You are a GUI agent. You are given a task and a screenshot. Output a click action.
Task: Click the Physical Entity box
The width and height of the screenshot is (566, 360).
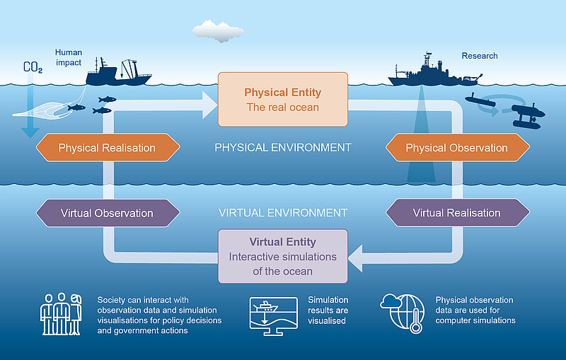point(283,100)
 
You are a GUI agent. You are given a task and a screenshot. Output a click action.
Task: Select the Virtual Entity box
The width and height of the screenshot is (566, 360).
point(283,256)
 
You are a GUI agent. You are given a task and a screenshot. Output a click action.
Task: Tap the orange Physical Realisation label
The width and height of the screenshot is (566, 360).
point(108,148)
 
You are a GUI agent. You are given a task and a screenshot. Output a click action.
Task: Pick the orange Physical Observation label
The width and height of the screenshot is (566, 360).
point(458,148)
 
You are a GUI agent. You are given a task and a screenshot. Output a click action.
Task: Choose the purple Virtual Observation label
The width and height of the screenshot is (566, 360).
point(108,213)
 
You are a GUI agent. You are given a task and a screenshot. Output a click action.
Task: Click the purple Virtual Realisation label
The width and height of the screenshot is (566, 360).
point(458,213)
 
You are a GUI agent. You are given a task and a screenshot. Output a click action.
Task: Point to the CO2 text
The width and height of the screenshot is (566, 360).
point(33,67)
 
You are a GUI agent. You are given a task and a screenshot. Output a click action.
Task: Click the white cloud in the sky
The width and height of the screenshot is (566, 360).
point(218,31)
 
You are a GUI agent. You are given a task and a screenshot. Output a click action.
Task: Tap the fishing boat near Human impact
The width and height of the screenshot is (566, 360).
point(118,71)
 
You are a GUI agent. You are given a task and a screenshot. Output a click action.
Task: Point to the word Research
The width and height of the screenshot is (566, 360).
point(480,56)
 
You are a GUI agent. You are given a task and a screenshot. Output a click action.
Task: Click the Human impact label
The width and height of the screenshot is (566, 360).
point(69,57)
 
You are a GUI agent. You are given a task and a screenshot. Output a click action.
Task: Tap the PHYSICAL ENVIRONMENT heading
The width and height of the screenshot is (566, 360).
point(283,148)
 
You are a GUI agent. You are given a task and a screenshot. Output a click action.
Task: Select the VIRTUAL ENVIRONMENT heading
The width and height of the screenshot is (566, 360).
point(283,213)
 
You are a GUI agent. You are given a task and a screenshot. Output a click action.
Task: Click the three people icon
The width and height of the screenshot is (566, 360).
point(61,314)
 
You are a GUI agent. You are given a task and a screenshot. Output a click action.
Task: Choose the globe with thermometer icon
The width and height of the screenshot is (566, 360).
point(403,313)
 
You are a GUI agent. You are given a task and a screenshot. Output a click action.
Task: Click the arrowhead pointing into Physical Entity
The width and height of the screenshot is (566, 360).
point(209,105)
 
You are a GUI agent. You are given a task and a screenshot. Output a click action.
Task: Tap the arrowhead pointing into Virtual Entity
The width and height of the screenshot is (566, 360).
point(356,258)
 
